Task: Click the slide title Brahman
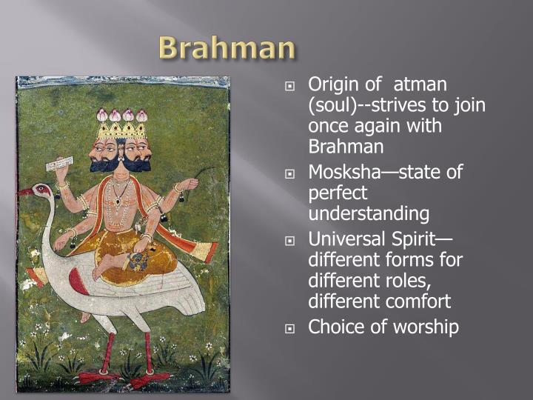click(227, 49)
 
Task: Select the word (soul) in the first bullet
click(335, 106)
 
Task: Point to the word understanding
click(369, 215)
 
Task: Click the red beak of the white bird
click(26, 193)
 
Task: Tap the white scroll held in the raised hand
click(62, 164)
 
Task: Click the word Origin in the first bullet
click(332, 86)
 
